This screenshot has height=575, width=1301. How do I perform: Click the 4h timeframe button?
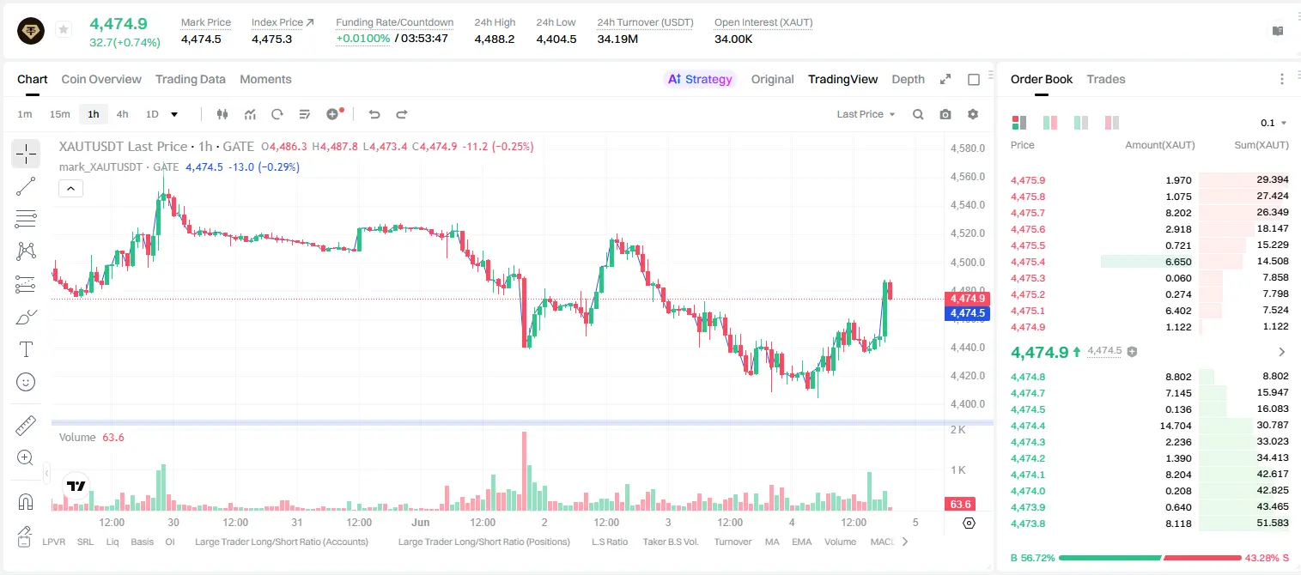tap(122, 114)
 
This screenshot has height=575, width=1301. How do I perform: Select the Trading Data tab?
tap(191, 79)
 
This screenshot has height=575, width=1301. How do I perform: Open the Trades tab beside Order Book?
tap(1106, 79)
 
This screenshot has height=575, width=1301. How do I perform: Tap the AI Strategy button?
tap(700, 79)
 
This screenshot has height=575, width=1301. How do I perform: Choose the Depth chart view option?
tap(908, 79)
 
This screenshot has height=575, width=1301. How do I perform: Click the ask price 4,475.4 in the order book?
tap(1027, 262)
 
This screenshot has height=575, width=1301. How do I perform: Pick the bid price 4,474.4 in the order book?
tap(1027, 426)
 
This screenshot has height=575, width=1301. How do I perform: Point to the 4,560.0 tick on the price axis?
tap(968, 177)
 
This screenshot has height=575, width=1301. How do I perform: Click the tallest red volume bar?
tap(524, 471)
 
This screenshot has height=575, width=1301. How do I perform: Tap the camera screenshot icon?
tap(945, 114)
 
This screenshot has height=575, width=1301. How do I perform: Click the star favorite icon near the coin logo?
tap(64, 29)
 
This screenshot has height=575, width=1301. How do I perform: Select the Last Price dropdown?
tap(866, 114)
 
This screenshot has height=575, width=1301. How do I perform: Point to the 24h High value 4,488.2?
tap(495, 39)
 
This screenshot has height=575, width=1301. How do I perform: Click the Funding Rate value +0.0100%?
tap(363, 39)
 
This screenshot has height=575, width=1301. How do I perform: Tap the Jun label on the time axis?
tap(421, 522)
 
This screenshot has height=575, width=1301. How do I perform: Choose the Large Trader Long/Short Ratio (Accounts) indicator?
tap(282, 542)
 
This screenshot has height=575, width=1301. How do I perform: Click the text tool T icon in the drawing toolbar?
tap(26, 349)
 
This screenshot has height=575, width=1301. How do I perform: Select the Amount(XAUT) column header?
tap(1160, 145)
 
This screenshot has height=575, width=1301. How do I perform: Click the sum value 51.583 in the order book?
tap(1272, 523)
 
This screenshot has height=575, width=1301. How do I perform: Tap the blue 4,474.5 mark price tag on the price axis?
tap(967, 313)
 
